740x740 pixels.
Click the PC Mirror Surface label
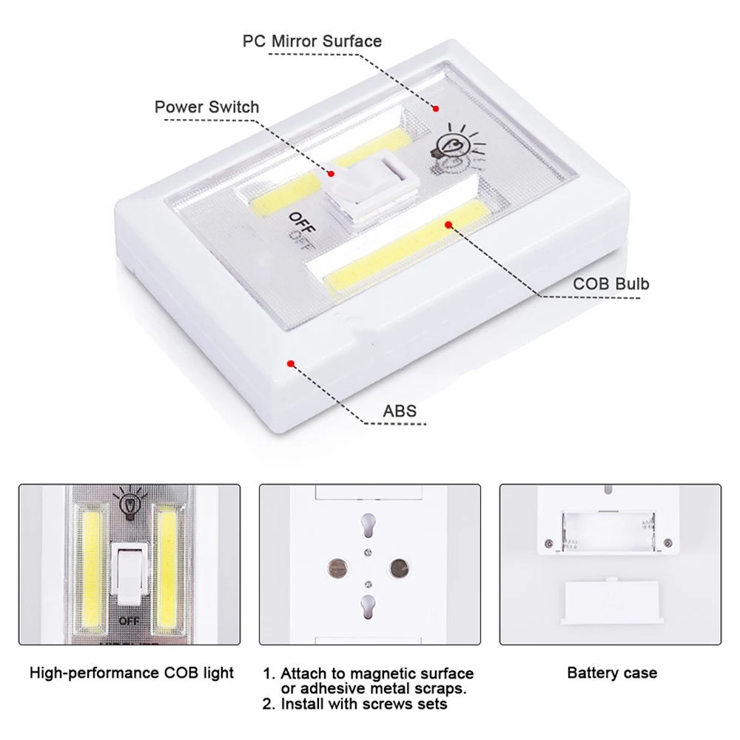point(312,41)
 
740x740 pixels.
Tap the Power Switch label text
point(206,107)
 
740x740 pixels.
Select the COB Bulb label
point(611,283)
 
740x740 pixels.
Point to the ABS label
point(400,411)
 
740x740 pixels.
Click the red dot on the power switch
point(332,173)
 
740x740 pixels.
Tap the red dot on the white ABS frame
point(291,363)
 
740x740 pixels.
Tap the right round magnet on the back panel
point(398,568)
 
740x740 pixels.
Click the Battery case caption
point(611,673)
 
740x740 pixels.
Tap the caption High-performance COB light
point(132,673)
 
